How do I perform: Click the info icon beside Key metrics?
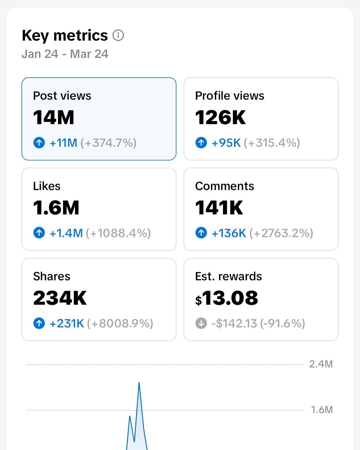[118, 36]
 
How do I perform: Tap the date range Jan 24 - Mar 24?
[65, 54]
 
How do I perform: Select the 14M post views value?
[54, 117]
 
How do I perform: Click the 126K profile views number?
[220, 117]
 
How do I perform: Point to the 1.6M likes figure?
[56, 208]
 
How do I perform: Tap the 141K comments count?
[219, 208]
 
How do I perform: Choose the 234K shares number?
[60, 298]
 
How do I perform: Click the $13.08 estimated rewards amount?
[227, 298]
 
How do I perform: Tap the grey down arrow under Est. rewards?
[201, 323]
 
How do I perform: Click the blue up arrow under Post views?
[39, 143]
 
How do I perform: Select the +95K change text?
[226, 143]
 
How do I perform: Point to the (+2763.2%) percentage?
[281, 233]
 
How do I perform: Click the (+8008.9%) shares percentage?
[120, 323]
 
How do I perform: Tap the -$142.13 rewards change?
[234, 323]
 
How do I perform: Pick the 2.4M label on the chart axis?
[321, 364]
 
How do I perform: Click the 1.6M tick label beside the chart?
[322, 410]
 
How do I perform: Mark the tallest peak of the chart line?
[139, 383]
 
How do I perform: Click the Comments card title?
[224, 186]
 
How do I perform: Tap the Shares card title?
[52, 276]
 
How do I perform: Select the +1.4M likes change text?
[66, 233]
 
